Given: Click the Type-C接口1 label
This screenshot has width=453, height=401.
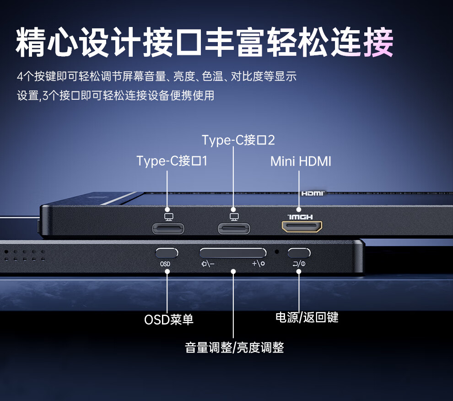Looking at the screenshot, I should [172, 161].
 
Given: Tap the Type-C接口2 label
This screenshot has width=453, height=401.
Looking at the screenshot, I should [238, 140].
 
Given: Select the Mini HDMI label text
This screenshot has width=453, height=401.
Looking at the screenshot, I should [301, 161].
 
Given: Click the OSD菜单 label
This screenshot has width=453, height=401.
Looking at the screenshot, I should [169, 319].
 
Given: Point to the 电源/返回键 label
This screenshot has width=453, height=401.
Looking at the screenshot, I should [307, 317].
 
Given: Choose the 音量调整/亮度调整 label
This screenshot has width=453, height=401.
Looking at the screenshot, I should [234, 348].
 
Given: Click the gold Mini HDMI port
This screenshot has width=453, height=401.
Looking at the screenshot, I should [302, 226].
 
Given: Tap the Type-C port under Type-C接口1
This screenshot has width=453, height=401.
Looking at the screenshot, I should [168, 227].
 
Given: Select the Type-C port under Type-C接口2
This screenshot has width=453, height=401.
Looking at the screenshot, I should [234, 227].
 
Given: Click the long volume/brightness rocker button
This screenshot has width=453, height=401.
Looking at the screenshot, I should [233, 253].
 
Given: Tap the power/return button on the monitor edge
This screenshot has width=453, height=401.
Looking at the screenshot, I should [299, 253].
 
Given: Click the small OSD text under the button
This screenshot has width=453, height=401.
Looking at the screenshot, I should [165, 264].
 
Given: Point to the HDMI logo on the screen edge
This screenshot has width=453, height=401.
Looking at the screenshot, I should [313, 193].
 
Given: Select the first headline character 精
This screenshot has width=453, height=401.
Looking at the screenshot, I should [32, 43].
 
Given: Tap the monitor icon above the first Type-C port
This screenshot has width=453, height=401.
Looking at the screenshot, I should [168, 216].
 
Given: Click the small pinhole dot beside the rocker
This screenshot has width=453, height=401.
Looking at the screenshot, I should [276, 252].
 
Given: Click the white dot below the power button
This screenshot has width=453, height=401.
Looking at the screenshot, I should [299, 272].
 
